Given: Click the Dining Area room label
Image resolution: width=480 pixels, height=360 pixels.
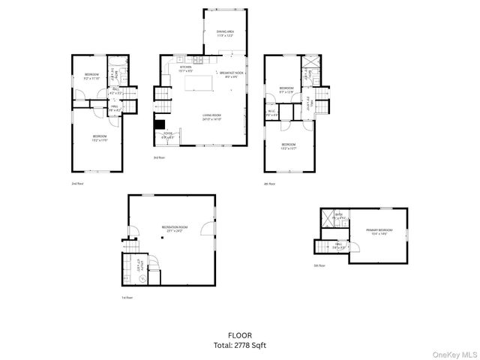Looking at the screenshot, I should coord(226,34).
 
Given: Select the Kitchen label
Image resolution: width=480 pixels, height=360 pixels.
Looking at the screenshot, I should coord(185,68).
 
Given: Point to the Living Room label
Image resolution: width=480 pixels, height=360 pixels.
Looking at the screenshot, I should coord(212,117).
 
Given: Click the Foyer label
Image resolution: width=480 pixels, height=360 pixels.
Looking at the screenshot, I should coord(169,136).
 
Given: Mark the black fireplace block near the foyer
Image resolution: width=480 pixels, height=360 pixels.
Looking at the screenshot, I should coord(158,124).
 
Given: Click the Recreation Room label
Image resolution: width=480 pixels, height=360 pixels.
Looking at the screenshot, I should coord(174,229).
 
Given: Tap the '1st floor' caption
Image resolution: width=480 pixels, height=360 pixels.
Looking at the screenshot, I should coord(128,297).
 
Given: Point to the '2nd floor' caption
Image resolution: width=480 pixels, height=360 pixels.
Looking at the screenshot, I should coord(76,182).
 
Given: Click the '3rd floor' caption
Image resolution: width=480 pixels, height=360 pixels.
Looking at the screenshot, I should coord(159,157).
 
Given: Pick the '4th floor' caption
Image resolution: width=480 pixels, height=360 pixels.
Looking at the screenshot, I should coord(270,183).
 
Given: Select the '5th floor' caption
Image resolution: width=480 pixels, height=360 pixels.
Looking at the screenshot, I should coord(319,265).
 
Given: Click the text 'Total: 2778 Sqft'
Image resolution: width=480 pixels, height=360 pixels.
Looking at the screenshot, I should coord(240,345).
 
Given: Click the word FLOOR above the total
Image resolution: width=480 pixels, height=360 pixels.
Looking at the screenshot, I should coord(240,335).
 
